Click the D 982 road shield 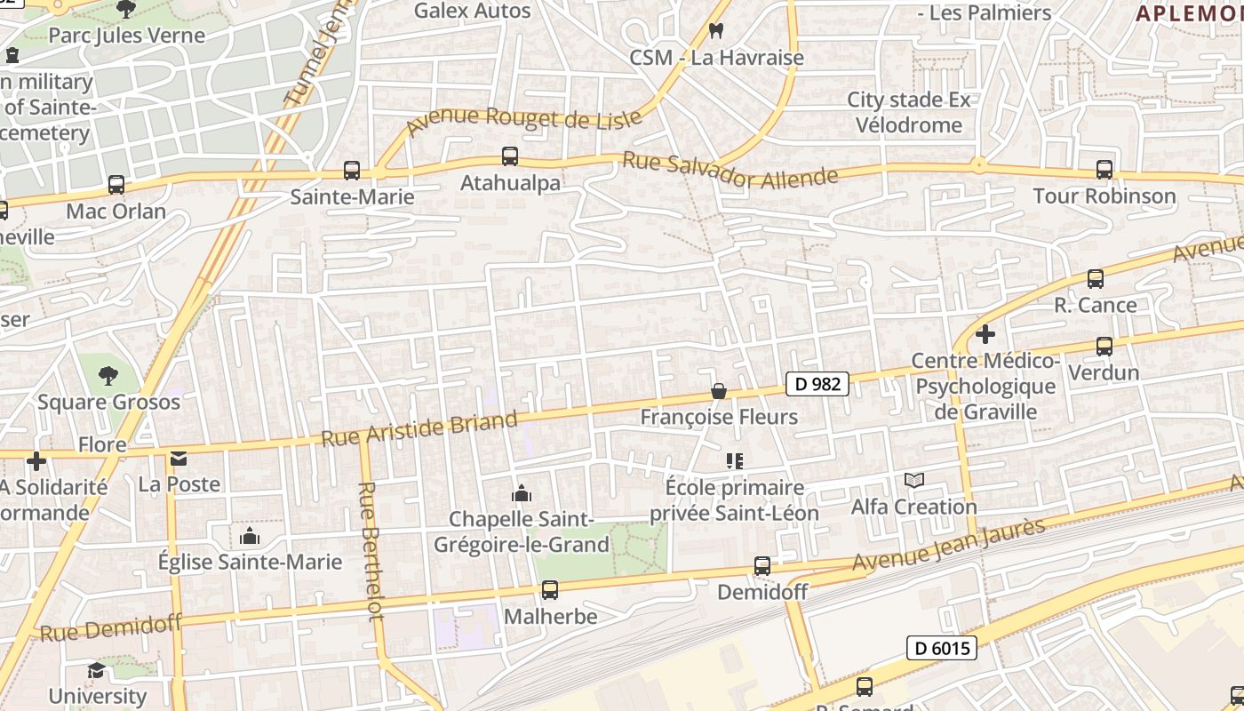[817, 384]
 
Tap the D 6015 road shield [941, 648]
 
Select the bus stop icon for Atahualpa [510, 156]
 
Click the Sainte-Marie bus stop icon [352, 170]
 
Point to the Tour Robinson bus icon [1104, 169]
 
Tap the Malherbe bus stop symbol [550, 589]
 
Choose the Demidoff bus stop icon [762, 565]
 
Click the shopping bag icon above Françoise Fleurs [719, 391]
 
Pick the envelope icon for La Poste [179, 459]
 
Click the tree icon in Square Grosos [108, 375]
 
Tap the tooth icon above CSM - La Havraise [716, 31]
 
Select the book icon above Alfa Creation [914, 481]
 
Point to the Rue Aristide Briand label [419, 429]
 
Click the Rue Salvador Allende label [730, 172]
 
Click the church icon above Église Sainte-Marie [250, 536]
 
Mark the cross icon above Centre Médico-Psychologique [985, 335]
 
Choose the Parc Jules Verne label [126, 36]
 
